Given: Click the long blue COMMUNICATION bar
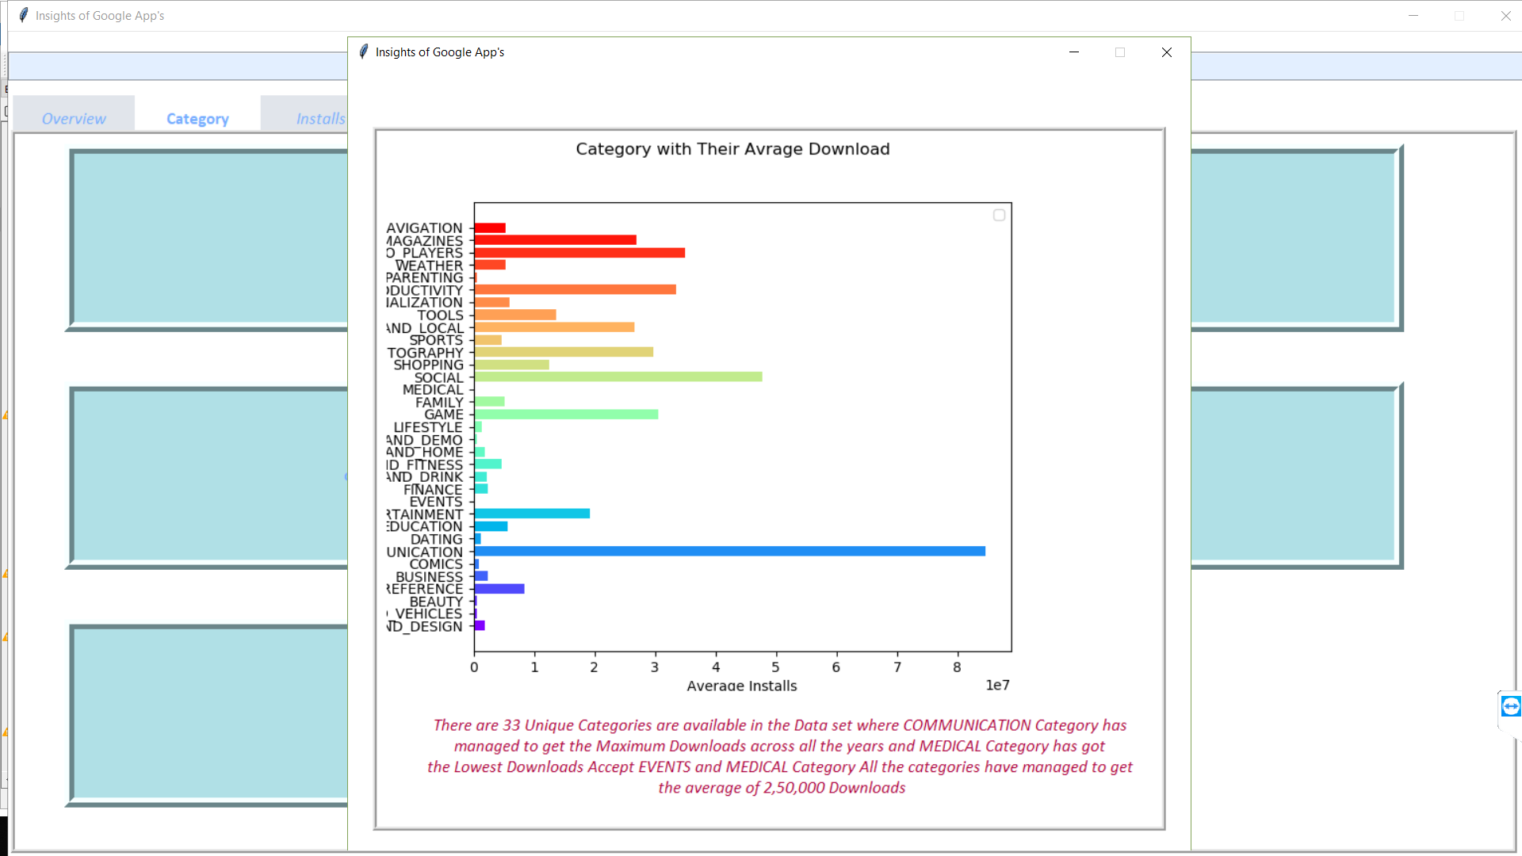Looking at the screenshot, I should (x=729, y=552).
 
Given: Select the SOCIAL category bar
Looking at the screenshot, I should (x=618, y=377).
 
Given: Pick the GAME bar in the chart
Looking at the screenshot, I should (x=566, y=415).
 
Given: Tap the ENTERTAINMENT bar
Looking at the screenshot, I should (x=532, y=514).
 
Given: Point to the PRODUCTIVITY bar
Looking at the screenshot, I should (x=575, y=290).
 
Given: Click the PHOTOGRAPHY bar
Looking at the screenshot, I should (x=564, y=352).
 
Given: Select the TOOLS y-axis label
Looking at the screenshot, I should (x=440, y=315).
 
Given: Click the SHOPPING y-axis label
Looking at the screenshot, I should (x=428, y=365).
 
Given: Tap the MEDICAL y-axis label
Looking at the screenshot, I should (x=432, y=390).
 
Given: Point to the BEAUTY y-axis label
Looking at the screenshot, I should (x=435, y=602).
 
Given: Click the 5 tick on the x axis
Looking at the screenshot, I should (x=775, y=667).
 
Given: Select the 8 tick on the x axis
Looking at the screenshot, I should (x=957, y=667).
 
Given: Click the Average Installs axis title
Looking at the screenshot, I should (x=741, y=686).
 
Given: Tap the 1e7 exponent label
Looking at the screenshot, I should (x=997, y=685).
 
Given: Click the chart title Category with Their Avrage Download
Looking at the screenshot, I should (x=732, y=149).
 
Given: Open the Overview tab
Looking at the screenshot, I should (x=74, y=119).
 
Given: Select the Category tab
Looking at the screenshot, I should (x=197, y=119).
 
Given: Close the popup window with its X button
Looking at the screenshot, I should (x=1166, y=52).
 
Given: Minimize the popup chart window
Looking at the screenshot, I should (x=1074, y=52).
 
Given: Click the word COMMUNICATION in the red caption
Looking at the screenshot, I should (x=966, y=725).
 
